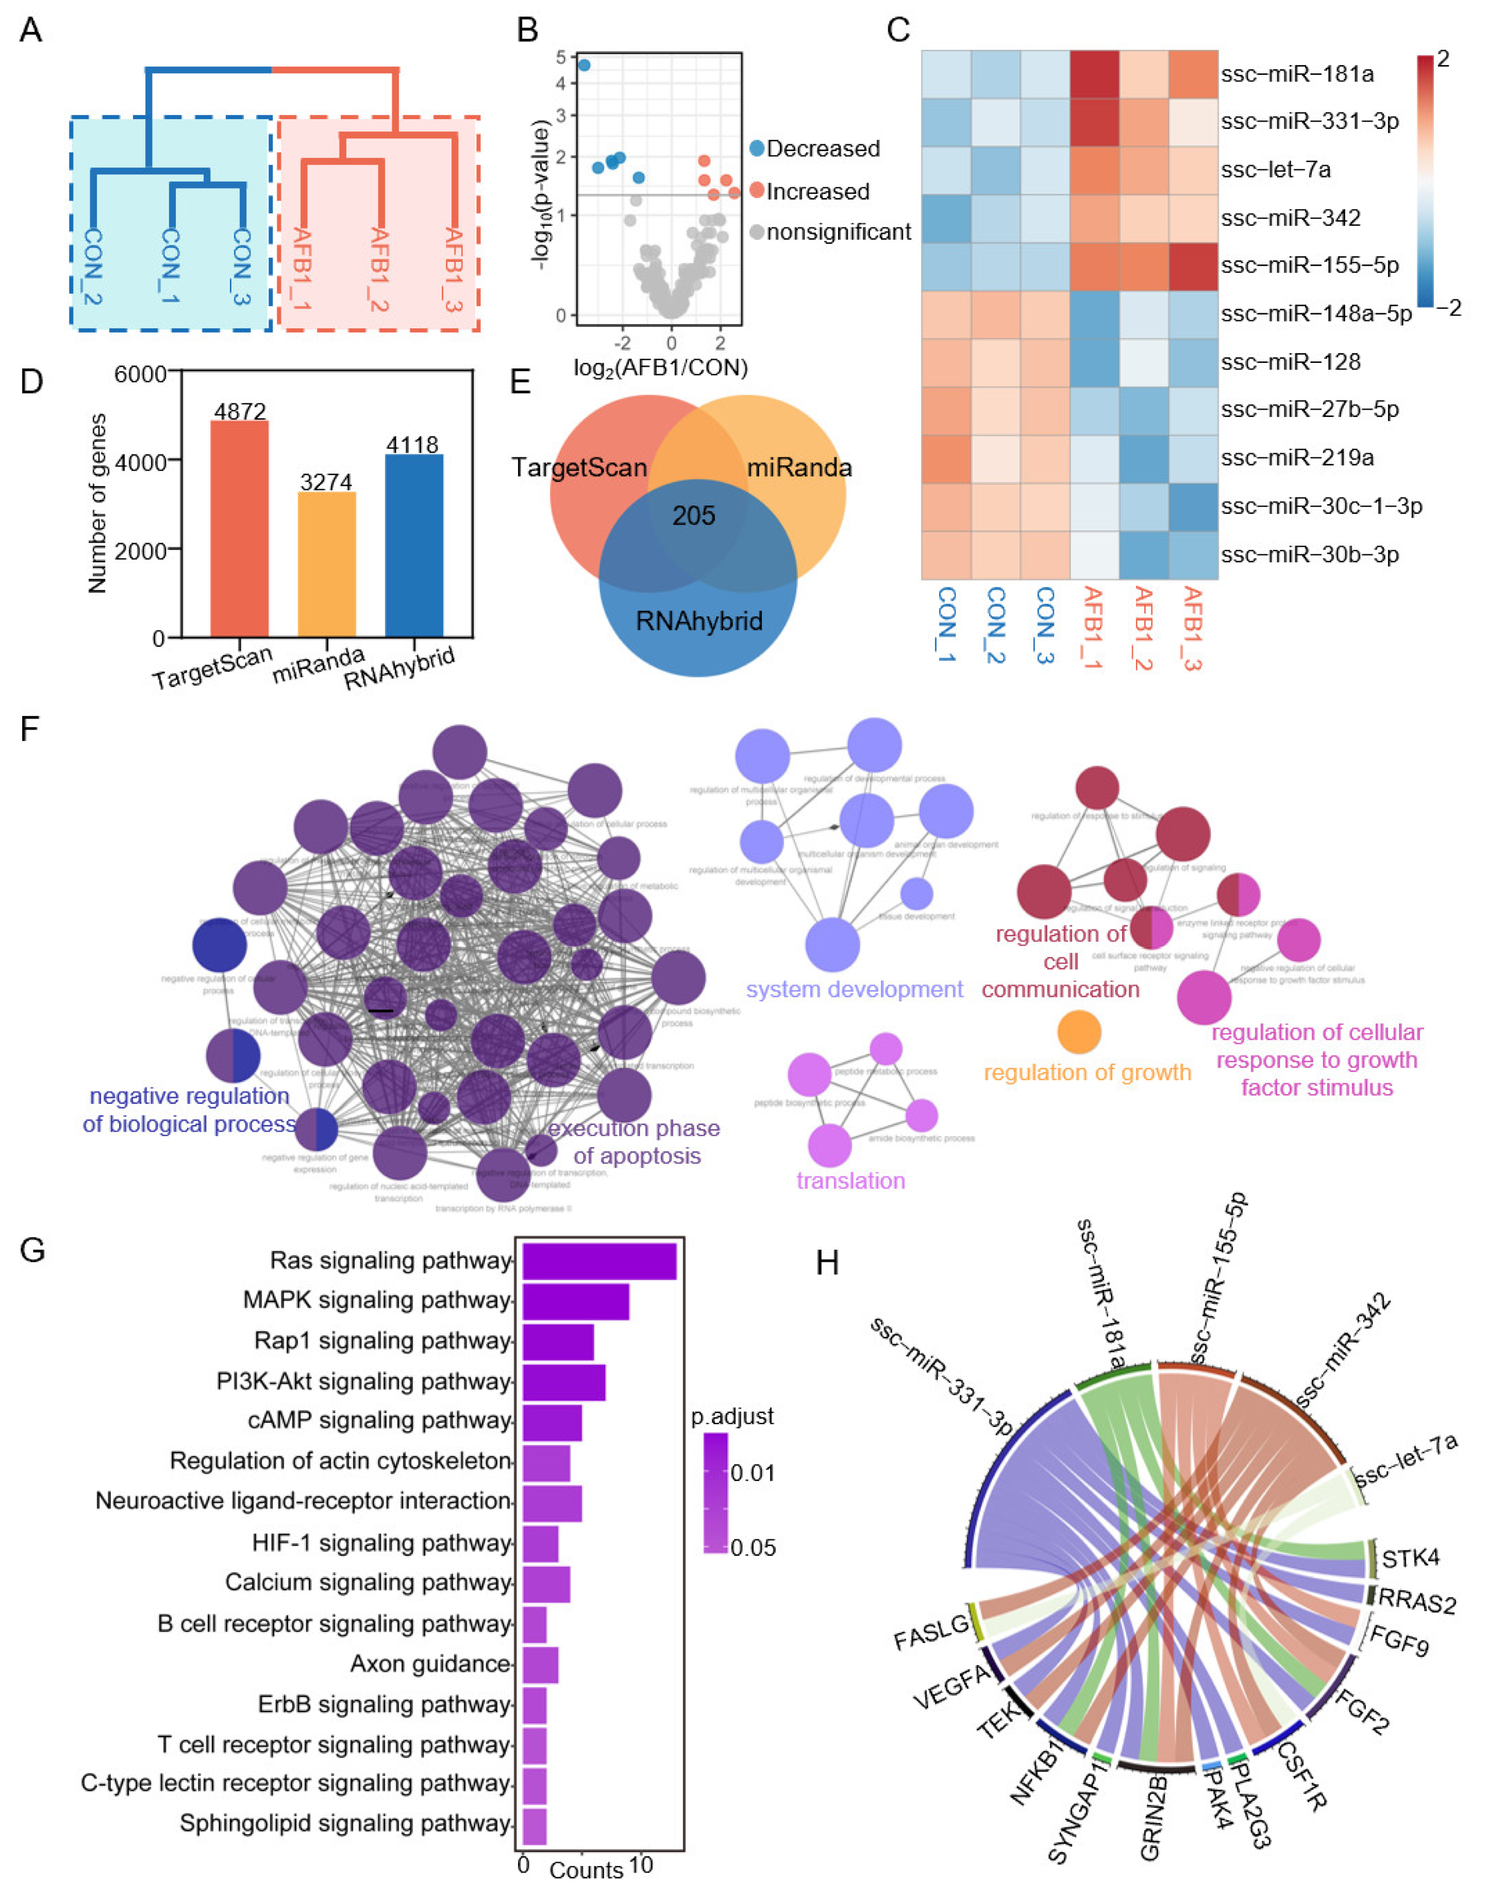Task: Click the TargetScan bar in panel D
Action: [x=239, y=529]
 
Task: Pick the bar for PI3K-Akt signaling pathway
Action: [x=563, y=1381]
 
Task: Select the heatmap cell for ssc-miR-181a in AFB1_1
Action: [x=1095, y=74]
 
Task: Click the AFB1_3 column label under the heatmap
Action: [x=1193, y=629]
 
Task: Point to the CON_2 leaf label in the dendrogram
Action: [x=94, y=266]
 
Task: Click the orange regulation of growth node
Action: [x=1079, y=1032]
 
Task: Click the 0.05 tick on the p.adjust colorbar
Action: [x=752, y=1548]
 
